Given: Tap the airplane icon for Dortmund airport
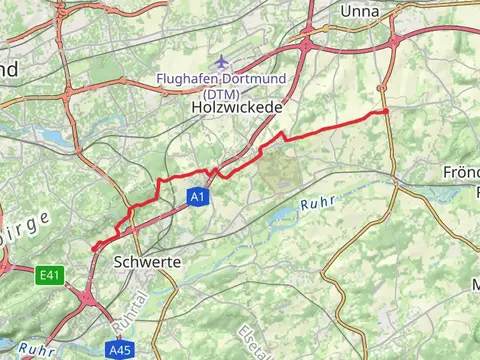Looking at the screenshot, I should tap(221, 62).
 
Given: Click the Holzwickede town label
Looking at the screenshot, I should tap(236, 106).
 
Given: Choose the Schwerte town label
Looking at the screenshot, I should tap(148, 261).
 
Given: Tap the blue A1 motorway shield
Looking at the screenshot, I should tap(198, 199).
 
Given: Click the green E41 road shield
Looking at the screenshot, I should tap(50, 272).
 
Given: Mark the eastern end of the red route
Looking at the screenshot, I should tap(386, 112).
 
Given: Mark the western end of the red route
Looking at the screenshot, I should tap(93, 249).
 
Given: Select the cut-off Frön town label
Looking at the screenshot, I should tap(461, 172).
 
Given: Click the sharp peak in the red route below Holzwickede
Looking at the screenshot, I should tap(282, 133).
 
